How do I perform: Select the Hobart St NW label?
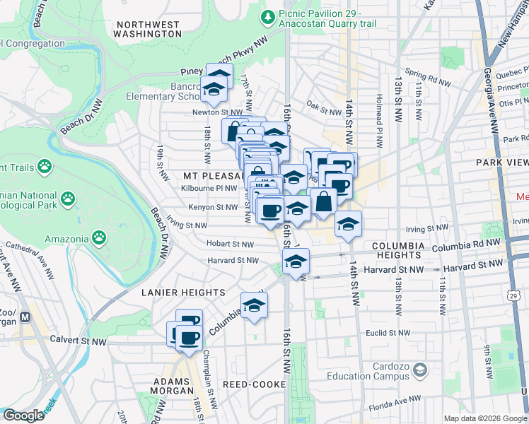click(231, 244)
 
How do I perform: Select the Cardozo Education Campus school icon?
click(420, 370)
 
